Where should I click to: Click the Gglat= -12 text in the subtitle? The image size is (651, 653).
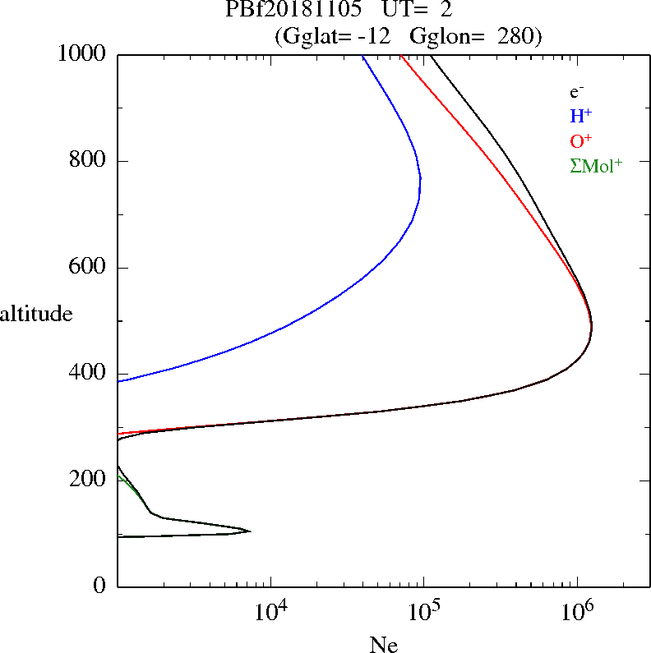[x=336, y=36]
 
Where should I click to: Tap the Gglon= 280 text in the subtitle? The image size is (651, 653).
[x=488, y=36]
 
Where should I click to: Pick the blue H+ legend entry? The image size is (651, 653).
[x=580, y=117]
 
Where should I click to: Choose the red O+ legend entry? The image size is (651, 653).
[x=581, y=140]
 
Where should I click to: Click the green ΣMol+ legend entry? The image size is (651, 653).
[x=596, y=165]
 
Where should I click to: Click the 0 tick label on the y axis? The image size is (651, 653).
[x=101, y=586]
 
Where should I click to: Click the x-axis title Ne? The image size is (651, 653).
[x=383, y=645]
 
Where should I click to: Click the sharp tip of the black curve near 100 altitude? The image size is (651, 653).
[x=250, y=531]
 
